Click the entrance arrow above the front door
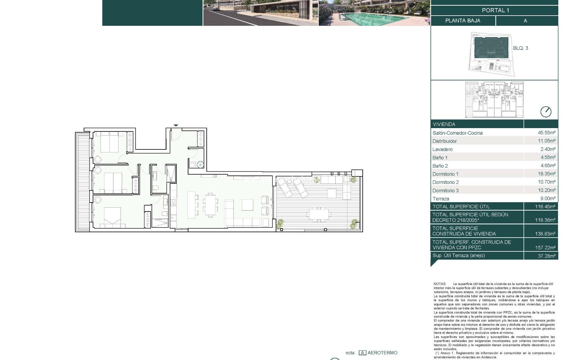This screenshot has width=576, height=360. point(176,125)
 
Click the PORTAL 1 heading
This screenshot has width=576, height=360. point(495,10)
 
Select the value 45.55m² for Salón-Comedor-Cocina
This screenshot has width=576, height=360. point(546,132)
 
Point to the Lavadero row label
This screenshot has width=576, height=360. point(442,149)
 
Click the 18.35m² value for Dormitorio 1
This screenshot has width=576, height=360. point(546,174)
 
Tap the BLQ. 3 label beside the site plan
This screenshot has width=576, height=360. point(520,48)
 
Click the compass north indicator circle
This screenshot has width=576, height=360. point(545,112)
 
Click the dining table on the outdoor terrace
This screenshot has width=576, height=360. point(319,214)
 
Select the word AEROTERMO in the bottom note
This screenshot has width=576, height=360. point(382,353)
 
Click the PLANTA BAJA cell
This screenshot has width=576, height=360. point(463,21)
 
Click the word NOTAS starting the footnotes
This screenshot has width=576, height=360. point(440,284)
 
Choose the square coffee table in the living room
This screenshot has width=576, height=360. point(247,205)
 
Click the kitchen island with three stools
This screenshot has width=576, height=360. point(191,205)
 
